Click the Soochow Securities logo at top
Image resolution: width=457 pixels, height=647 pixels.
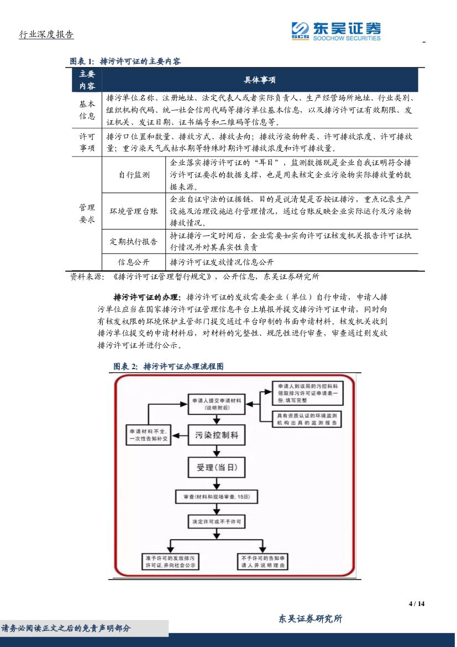(336, 30)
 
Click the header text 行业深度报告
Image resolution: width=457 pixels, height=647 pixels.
(46, 35)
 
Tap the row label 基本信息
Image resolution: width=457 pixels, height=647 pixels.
(87, 110)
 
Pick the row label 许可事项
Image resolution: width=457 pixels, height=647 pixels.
(87, 142)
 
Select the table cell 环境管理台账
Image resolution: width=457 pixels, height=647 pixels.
(134, 211)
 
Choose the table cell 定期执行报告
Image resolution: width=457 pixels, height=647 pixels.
(134, 242)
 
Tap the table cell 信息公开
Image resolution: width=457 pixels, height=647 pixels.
(134, 262)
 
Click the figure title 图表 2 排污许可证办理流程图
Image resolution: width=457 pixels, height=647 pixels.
(168, 366)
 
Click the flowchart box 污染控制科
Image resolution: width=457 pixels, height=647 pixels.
(216, 436)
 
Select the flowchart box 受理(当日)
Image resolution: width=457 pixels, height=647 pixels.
(216, 468)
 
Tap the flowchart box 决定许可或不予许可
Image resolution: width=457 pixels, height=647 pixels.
(216, 521)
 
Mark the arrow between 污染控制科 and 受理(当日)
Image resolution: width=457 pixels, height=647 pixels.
(216, 451)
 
